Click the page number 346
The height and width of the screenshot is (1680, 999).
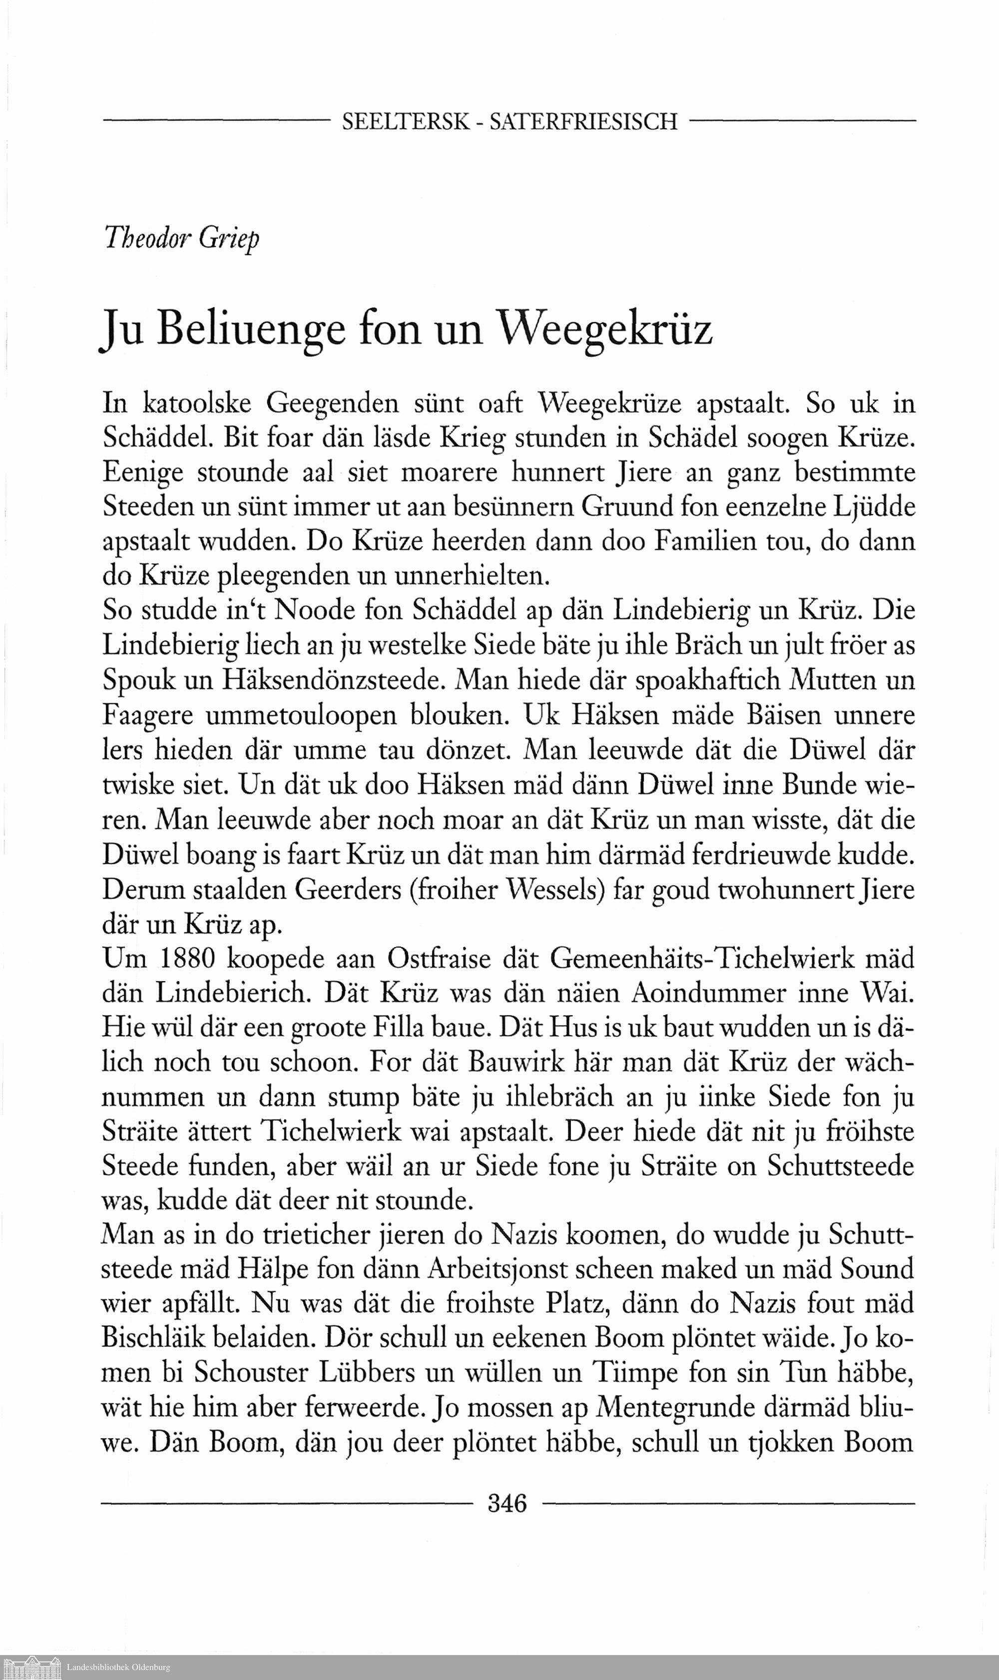pyautogui.click(x=507, y=1502)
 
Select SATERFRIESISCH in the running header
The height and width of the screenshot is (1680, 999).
pyautogui.click(x=583, y=122)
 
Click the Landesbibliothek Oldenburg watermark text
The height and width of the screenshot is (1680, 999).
pyautogui.click(x=118, y=1667)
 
